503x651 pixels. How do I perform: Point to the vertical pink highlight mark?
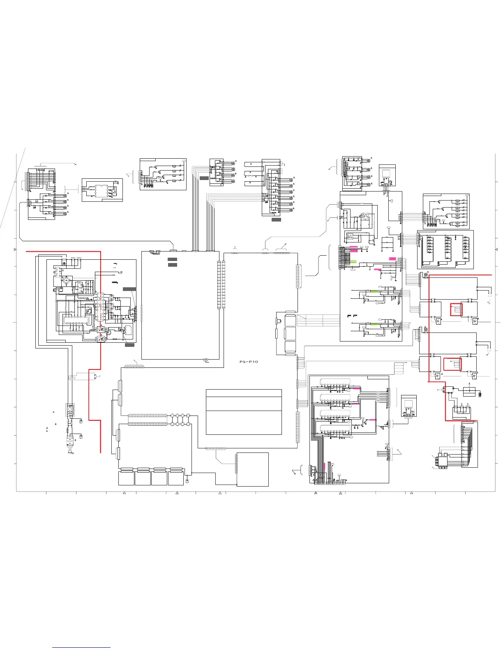coord(325,466)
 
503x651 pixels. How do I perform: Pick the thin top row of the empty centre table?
coord(243,393)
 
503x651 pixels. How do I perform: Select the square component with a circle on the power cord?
coord(69,409)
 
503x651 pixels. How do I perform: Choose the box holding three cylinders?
coord(461,412)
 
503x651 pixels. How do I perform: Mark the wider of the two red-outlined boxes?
coord(452,364)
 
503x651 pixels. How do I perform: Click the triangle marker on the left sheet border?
coord(15,250)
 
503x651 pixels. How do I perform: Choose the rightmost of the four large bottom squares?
coord(175,478)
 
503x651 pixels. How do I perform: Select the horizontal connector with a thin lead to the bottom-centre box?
coord(216,448)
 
